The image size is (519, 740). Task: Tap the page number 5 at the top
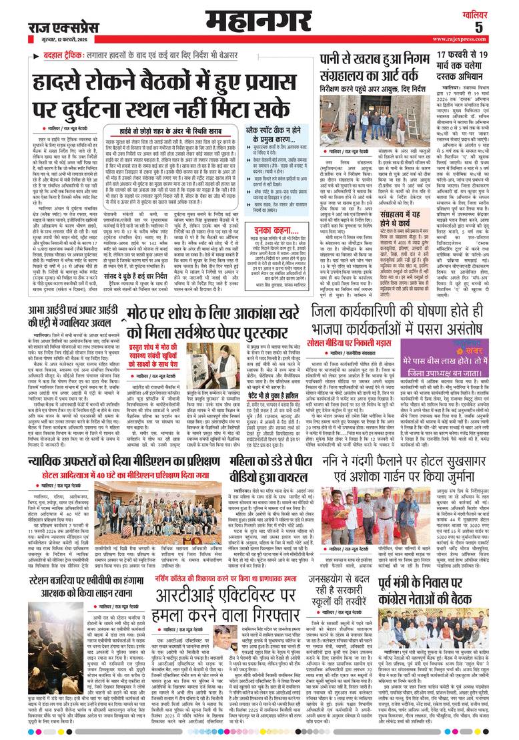point(497,27)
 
